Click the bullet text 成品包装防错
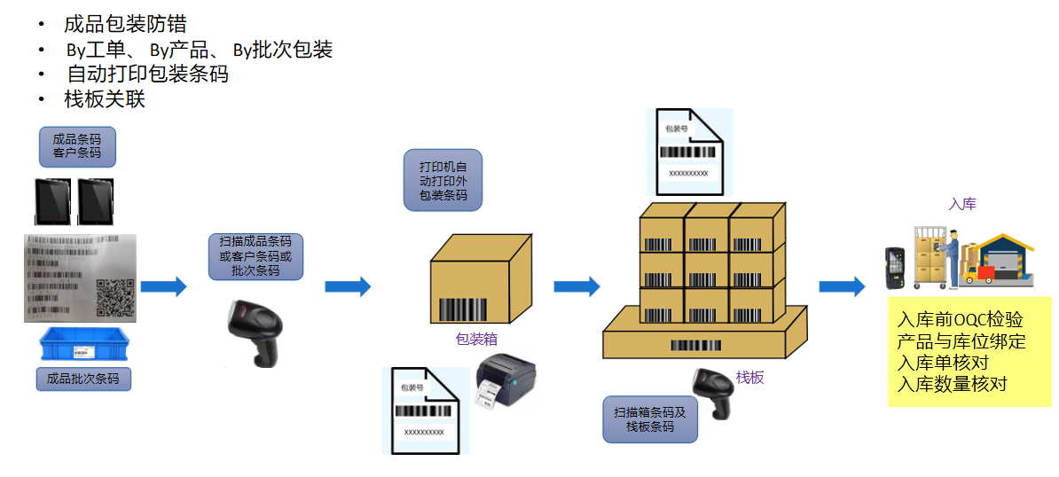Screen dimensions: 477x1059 [125, 24]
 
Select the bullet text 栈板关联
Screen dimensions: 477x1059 [105, 99]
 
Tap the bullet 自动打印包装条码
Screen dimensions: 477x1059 [147, 74]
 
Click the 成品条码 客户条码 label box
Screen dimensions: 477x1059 [77, 145]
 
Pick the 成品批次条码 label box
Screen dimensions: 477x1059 [83, 379]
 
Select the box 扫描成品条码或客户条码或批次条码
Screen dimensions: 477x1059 [255, 255]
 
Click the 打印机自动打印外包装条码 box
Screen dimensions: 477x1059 [443, 180]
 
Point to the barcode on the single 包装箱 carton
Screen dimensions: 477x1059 [461, 310]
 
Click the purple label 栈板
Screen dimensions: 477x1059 [749, 378]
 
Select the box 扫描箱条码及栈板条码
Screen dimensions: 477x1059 [650, 419]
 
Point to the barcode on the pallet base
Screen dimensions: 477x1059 [695, 345]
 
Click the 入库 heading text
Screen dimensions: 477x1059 [962, 204]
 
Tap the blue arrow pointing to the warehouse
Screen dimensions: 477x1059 [841, 286]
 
